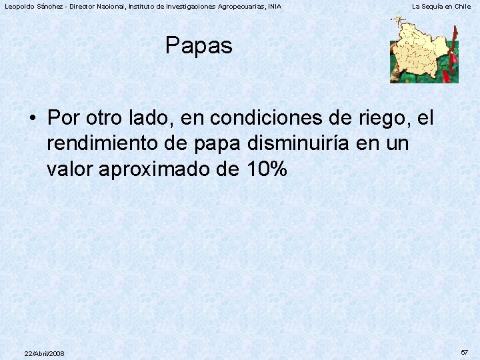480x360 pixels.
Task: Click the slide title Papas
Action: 199,46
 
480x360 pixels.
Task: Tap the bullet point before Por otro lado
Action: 33,119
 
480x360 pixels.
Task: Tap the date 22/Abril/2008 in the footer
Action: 44,353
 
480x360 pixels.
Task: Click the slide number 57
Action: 464,351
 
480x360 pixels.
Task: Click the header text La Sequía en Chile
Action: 441,6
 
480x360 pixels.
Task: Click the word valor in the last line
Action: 70,170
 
